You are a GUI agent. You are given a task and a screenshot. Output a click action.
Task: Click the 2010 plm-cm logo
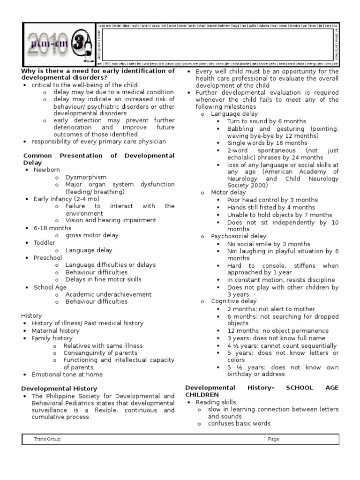59,44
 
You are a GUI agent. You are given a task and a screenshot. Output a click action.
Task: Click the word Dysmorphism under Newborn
86,177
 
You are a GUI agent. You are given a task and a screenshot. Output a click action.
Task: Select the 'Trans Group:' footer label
47,439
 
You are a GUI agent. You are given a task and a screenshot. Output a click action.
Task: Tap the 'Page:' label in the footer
274,439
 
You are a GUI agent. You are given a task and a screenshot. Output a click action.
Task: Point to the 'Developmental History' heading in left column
59,389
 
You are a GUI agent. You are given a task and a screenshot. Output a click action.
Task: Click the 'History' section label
31,316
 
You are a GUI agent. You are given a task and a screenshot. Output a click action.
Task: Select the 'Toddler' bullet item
44,243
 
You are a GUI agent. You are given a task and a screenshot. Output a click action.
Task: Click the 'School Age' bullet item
50,287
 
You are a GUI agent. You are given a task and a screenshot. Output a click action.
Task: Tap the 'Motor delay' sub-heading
228,193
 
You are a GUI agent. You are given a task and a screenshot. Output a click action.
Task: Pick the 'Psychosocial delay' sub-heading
238,236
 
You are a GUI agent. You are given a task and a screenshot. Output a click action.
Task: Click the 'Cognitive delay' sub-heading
234,301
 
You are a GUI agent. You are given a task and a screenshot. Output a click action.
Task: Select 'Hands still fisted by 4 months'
271,207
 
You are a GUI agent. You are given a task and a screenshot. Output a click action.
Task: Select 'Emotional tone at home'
67,375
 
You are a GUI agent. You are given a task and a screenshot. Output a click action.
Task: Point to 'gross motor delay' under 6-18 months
92,235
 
